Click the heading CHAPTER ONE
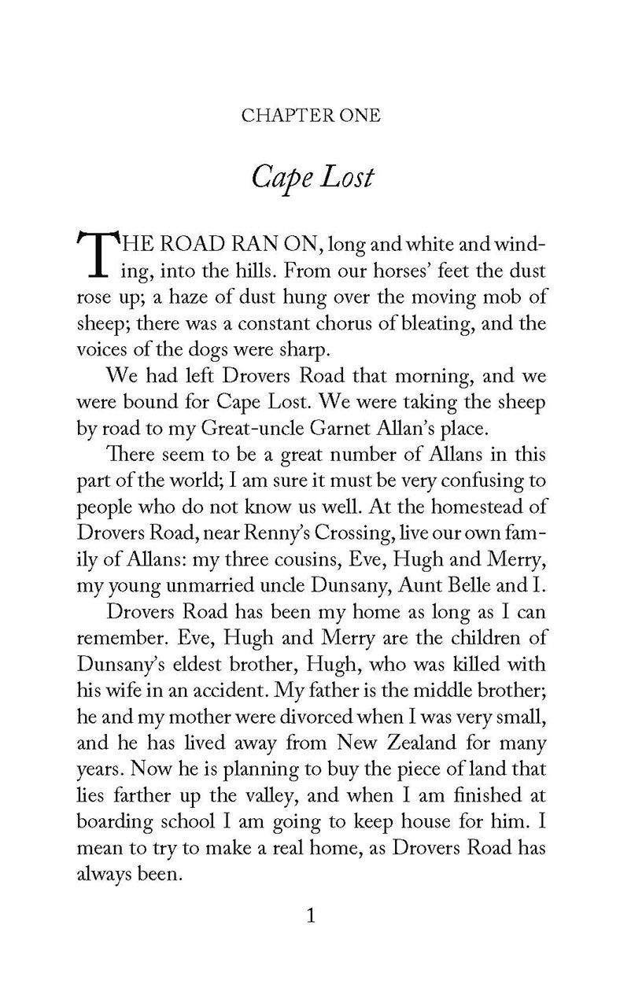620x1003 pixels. coord(310,116)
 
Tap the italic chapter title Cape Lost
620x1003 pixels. coord(310,177)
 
